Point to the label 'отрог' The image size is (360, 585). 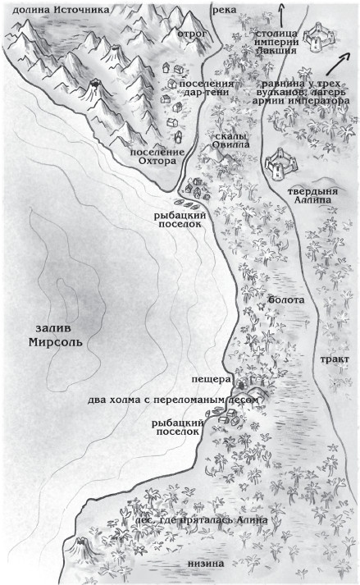194,34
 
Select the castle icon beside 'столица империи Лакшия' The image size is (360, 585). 316,37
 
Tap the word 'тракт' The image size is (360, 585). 335,359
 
